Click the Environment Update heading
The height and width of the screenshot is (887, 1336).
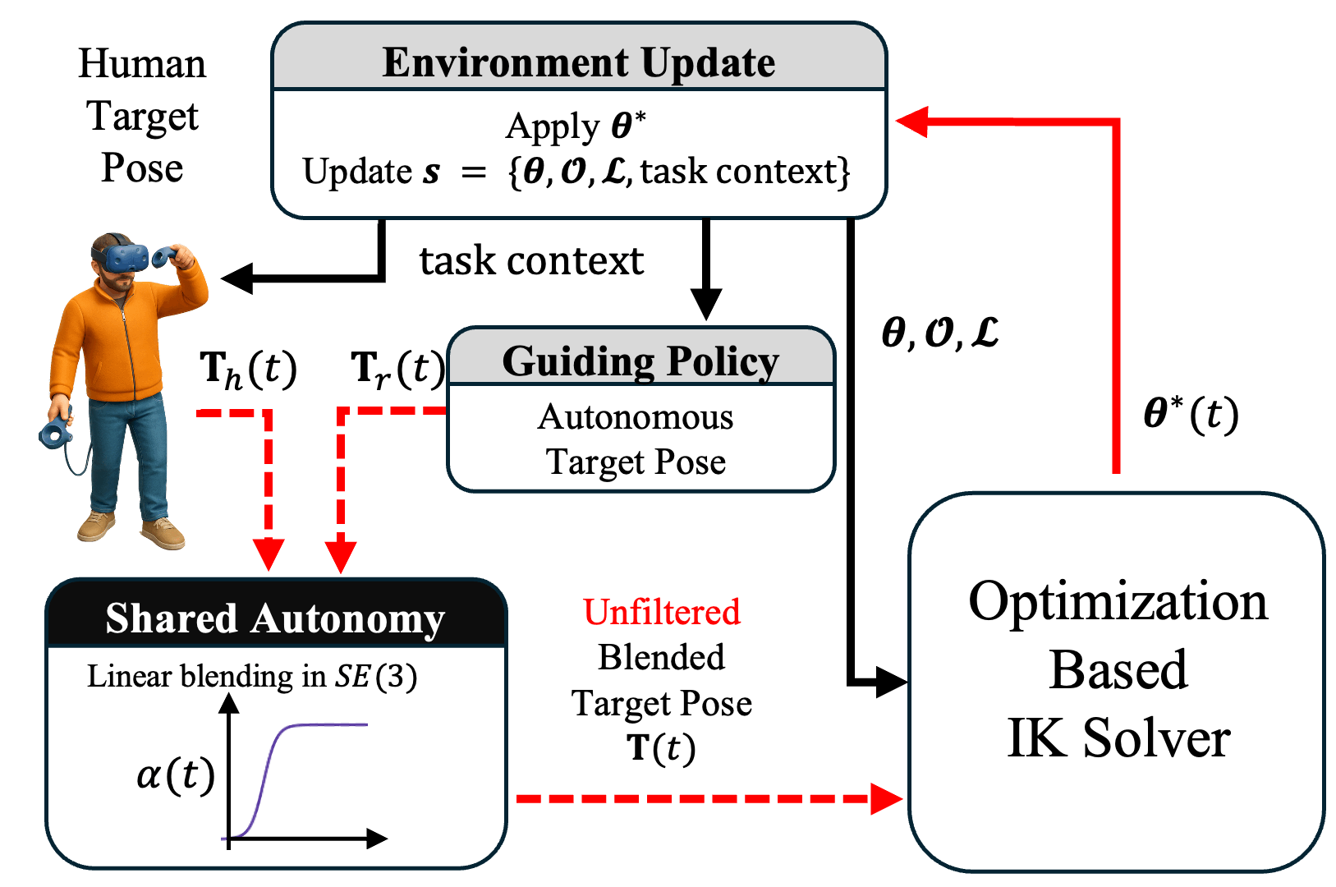pyautogui.click(x=579, y=62)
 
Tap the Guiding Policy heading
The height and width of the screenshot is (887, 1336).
pyautogui.click(x=640, y=361)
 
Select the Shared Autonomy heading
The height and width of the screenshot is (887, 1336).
pyautogui.click(x=275, y=618)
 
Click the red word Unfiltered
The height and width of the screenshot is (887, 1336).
pyautogui.click(x=662, y=613)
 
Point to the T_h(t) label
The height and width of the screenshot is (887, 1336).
pyautogui.click(x=248, y=370)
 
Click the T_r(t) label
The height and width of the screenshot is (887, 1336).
pyautogui.click(x=397, y=370)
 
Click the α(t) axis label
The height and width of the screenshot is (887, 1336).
pyautogui.click(x=176, y=774)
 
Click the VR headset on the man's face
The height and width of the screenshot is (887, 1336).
pyautogui.click(x=123, y=254)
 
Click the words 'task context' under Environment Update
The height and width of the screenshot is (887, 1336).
pyautogui.click(x=531, y=261)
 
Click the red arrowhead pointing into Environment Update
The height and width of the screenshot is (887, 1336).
pyautogui.click(x=911, y=122)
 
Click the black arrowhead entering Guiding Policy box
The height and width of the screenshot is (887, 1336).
pyautogui.click(x=705, y=305)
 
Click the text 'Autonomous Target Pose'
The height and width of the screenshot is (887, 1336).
pyautogui.click(x=636, y=439)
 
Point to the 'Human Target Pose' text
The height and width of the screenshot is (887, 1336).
pyautogui.click(x=142, y=116)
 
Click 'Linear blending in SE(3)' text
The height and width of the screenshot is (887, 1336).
pyautogui.click(x=252, y=677)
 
